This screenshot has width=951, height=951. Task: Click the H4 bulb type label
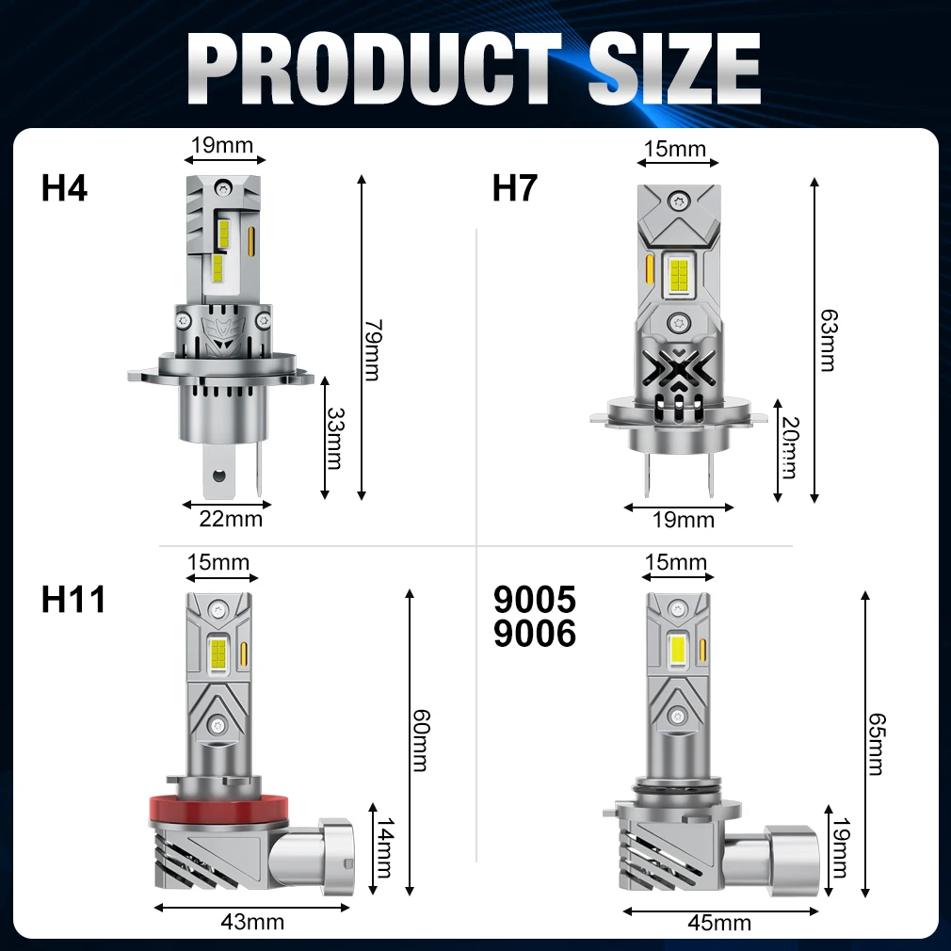64,187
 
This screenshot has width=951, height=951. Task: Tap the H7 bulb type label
515,187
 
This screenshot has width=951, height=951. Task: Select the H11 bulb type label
73,599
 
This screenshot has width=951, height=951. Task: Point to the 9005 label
534,599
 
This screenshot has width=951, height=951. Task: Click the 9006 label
534,633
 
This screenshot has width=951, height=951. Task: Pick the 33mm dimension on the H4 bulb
335,438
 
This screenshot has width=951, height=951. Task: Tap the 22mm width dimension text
231,519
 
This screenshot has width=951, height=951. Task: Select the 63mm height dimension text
829,340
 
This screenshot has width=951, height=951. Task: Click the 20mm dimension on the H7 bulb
790,447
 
